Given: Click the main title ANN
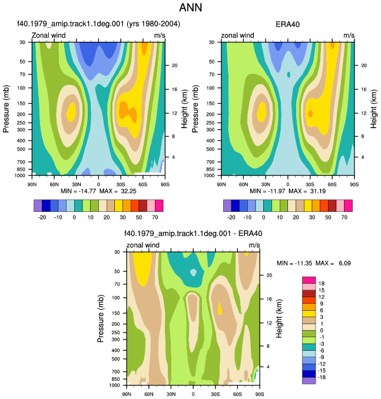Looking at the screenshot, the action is [x=191, y=8].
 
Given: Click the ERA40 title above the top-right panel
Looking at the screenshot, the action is [x=287, y=25].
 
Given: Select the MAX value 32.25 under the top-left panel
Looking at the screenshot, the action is [x=128, y=191].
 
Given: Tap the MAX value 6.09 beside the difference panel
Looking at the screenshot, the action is [x=344, y=263].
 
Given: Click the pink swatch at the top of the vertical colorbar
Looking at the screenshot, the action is [x=309, y=280].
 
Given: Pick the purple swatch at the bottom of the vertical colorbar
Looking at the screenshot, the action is [x=309, y=381].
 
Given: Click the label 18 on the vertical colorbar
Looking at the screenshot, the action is [x=322, y=284].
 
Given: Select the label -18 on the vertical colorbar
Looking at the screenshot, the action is [x=322, y=377].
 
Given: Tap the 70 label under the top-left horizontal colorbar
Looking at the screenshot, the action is [x=155, y=217].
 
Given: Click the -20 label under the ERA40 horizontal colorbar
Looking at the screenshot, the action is [x=231, y=217].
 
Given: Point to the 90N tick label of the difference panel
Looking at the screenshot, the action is [x=127, y=394].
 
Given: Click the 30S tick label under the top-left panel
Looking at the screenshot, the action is [x=121, y=184].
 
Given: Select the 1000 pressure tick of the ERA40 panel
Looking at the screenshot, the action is [x=209, y=175].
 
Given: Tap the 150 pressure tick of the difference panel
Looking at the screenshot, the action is [x=115, y=313].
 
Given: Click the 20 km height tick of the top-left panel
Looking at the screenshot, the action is [x=174, y=65].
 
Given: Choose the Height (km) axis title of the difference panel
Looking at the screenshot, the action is [x=279, y=318].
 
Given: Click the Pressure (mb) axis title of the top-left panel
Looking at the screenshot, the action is [x=6, y=109].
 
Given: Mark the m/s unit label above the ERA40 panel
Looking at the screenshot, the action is [x=349, y=35].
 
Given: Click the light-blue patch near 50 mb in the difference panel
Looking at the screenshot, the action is [x=194, y=272].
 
